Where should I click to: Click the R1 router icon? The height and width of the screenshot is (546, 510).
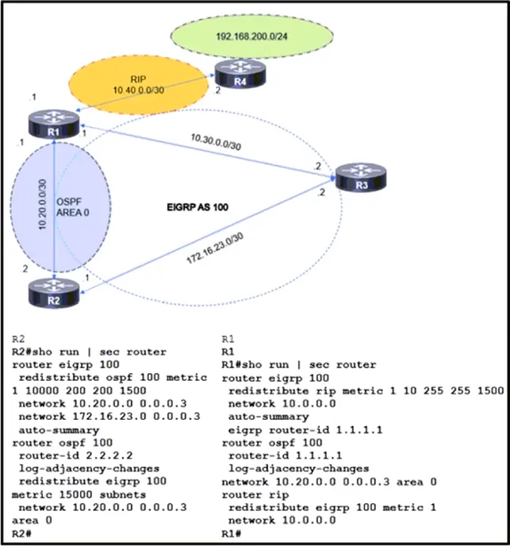click(x=54, y=124)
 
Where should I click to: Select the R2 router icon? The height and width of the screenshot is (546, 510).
click(x=54, y=294)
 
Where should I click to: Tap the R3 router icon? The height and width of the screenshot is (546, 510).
click(x=361, y=177)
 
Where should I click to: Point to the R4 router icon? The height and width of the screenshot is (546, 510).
click(x=240, y=74)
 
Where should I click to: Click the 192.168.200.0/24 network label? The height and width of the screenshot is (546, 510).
click(x=251, y=37)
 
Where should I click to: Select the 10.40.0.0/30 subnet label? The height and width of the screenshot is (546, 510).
click(x=139, y=90)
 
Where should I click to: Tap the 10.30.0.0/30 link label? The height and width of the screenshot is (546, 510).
click(x=216, y=142)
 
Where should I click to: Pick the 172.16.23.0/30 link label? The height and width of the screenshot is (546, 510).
click(x=215, y=248)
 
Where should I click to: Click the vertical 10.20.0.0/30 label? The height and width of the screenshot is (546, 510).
click(x=42, y=205)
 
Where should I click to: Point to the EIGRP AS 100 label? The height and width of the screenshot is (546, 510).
click(x=197, y=207)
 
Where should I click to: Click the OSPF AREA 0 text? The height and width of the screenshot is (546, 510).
click(x=73, y=207)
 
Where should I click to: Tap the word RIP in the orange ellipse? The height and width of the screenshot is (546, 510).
click(x=138, y=79)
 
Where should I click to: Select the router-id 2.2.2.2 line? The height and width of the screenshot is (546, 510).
click(x=75, y=456)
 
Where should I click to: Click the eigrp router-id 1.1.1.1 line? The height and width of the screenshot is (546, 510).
click(x=305, y=429)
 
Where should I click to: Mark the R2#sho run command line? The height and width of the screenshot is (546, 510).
click(x=89, y=352)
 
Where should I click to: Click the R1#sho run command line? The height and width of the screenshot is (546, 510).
click(x=299, y=364)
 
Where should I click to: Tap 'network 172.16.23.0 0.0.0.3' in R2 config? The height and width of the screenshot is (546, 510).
click(x=109, y=417)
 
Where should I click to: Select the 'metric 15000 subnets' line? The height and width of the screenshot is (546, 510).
click(x=79, y=494)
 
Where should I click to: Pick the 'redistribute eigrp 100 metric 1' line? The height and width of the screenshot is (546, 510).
click(x=332, y=507)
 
